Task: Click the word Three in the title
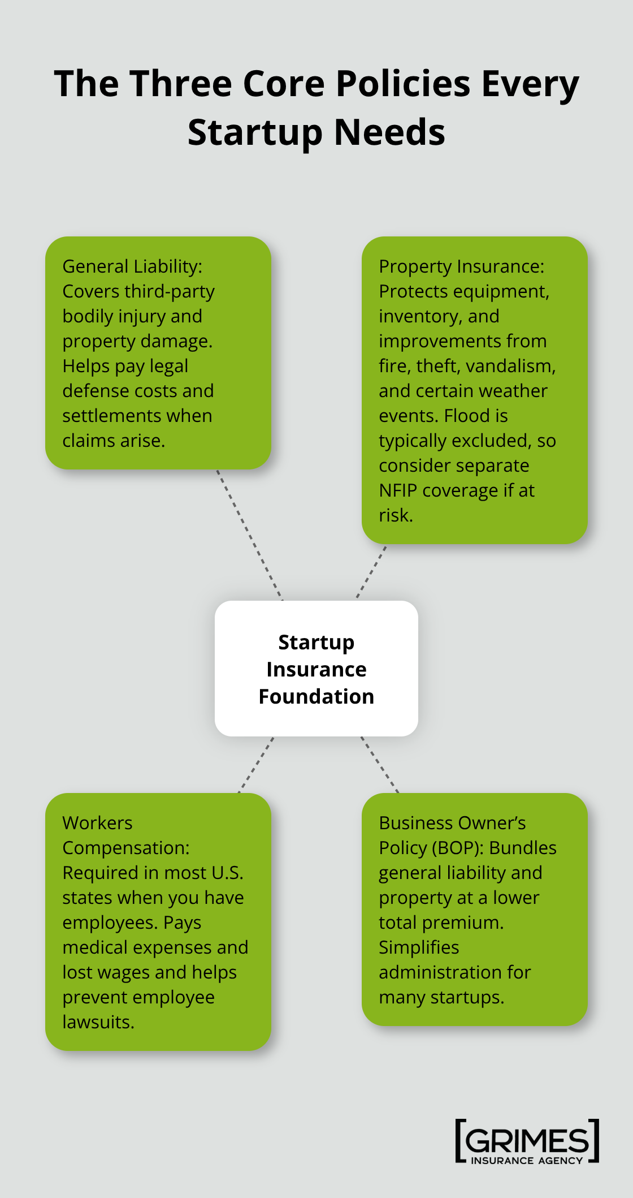click(181, 84)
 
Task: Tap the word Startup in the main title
click(255, 132)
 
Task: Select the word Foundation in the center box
click(316, 696)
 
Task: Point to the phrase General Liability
click(132, 266)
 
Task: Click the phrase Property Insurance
click(461, 266)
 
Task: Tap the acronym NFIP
click(398, 490)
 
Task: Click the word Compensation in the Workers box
click(125, 848)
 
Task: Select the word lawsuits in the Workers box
click(98, 1022)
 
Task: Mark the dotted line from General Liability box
click(249, 535)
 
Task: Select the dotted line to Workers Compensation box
click(256, 765)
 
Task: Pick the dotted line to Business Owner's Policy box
click(380, 765)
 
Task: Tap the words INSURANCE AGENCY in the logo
click(527, 1161)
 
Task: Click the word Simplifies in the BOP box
click(419, 947)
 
